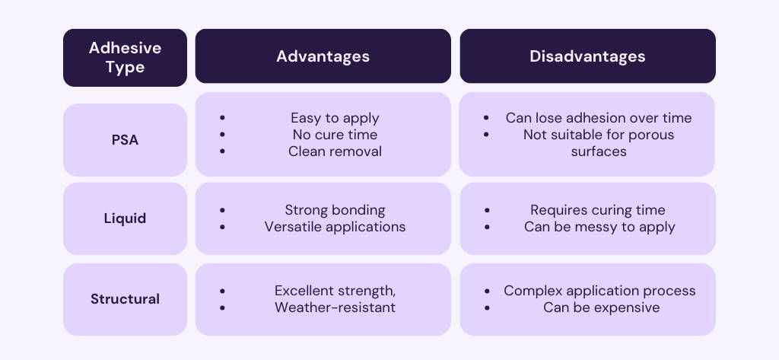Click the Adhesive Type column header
pyautogui.click(x=125, y=57)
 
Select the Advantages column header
pyautogui.click(x=323, y=56)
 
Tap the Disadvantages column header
pyautogui.click(x=587, y=56)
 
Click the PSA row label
pyautogui.click(x=125, y=140)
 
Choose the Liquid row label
pyautogui.click(x=125, y=218)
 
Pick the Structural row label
pyautogui.click(x=125, y=299)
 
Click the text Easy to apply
pyautogui.click(x=335, y=118)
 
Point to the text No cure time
pyautogui.click(x=335, y=135)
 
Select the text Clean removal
pyautogui.click(x=335, y=151)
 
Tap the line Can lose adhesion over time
pyautogui.click(x=599, y=118)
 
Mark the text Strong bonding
pyautogui.click(x=335, y=210)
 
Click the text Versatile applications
pyautogui.click(x=335, y=227)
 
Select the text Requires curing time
pyautogui.click(x=598, y=210)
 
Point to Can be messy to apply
pyautogui.click(x=599, y=227)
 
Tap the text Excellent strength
pyautogui.click(x=335, y=291)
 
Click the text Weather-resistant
pyautogui.click(x=335, y=307)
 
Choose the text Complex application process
pyautogui.click(x=599, y=291)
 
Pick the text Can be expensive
pyautogui.click(x=601, y=307)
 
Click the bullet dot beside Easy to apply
pyautogui.click(x=222, y=118)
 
